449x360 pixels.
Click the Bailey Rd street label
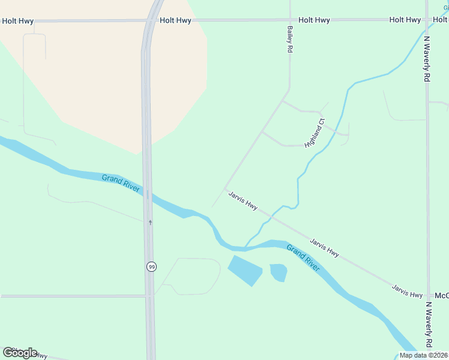[x=289, y=39]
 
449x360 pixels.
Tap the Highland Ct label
[x=314, y=133]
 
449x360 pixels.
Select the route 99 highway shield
[x=151, y=266]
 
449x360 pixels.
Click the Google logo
[x=20, y=352]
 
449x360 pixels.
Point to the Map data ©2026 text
[x=423, y=355]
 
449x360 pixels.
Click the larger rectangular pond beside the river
[x=245, y=269]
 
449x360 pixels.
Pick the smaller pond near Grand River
[x=278, y=272]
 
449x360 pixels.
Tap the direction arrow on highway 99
[x=150, y=222]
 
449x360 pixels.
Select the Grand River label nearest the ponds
[x=303, y=257]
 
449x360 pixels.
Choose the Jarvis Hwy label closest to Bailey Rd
[x=243, y=200]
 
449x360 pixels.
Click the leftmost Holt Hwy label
[x=17, y=20]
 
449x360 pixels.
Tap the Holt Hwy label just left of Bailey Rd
[x=175, y=20]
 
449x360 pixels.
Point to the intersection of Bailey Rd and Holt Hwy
[x=290, y=20]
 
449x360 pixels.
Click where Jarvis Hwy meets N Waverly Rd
[x=429, y=296]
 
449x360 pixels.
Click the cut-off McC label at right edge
[x=441, y=296]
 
